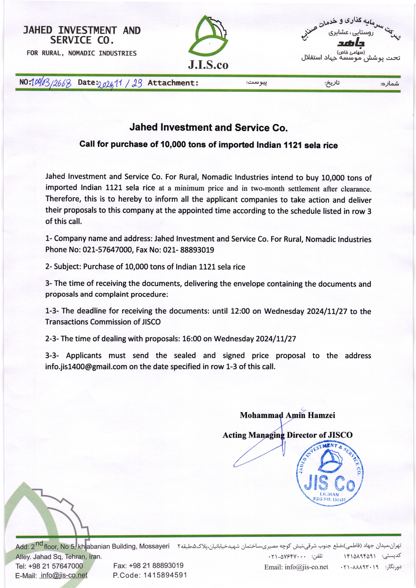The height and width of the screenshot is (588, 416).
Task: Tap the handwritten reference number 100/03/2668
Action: (x=51, y=83)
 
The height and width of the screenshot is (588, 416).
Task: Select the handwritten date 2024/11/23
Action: (x=120, y=83)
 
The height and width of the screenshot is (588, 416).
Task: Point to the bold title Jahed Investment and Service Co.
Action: (x=208, y=128)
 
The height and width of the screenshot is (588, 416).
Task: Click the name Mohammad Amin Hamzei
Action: (x=288, y=415)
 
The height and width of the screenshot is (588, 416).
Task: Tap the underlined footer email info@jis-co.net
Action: (x=63, y=575)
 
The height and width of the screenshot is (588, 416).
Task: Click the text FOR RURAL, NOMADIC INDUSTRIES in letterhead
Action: (x=82, y=53)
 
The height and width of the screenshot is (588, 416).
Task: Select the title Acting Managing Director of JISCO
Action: (x=288, y=435)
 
